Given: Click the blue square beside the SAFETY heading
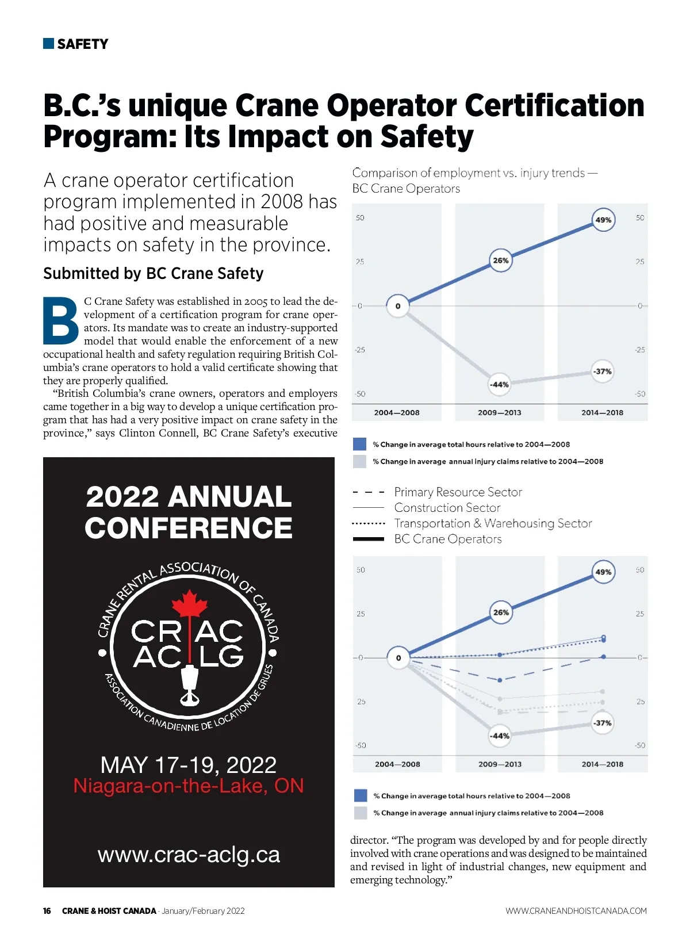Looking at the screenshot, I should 48,44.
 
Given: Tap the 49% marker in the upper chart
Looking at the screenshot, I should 603,220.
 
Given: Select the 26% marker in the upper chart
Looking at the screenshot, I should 500,261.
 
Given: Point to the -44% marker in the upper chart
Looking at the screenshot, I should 499,384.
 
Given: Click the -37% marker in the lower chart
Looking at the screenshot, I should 603,723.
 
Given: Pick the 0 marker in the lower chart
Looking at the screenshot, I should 398,658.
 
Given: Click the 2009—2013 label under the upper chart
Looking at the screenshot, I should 499,412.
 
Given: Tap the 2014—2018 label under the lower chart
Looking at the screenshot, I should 602,764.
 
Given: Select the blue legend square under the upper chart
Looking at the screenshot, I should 359,444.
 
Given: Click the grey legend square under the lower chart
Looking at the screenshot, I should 361,813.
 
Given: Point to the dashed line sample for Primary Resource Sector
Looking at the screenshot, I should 368,492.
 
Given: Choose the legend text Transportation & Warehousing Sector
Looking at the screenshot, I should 493,523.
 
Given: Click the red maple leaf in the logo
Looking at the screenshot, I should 189,604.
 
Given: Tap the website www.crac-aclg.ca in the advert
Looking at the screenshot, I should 189,855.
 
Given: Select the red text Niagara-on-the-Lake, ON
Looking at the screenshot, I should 189,786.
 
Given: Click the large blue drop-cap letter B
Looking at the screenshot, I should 61,321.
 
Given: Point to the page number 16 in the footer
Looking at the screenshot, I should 47,911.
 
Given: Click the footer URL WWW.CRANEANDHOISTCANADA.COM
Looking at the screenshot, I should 576,911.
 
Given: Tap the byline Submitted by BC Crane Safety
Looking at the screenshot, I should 154,274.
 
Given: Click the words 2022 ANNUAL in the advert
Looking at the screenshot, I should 189,497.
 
